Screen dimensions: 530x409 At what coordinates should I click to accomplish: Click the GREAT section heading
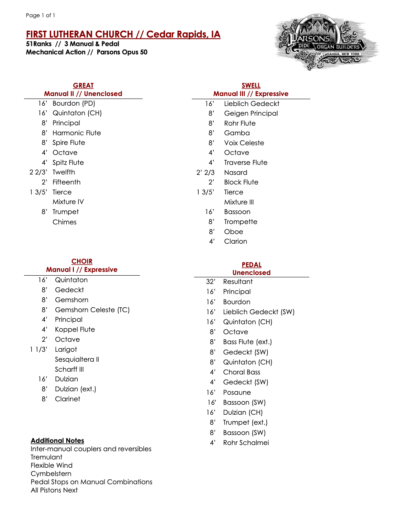point(83,85)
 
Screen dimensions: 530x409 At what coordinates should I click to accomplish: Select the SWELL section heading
point(251,85)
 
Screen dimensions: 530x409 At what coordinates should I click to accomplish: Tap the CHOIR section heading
point(82,261)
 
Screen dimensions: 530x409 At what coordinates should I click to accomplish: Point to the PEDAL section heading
point(252,265)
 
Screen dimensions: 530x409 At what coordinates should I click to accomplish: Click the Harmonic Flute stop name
point(77,133)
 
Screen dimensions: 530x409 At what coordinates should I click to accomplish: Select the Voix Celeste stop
point(244,143)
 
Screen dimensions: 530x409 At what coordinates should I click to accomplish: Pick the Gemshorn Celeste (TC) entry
point(92,310)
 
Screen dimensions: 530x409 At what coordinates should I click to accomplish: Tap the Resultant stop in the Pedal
point(238,282)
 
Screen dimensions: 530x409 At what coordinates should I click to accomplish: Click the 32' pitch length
point(211,282)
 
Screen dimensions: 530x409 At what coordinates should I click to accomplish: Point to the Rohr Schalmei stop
point(246,443)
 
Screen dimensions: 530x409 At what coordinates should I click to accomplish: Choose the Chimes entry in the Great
point(65,222)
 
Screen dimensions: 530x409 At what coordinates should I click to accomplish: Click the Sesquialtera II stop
point(77,359)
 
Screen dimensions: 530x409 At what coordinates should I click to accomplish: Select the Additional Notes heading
point(57,441)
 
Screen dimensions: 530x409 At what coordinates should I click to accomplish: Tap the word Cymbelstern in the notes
point(51,474)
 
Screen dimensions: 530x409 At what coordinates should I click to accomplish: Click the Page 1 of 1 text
point(41,15)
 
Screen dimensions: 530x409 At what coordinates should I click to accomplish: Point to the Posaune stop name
point(237,392)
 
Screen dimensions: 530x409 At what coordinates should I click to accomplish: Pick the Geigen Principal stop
point(251,113)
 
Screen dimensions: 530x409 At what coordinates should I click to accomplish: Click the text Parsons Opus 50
point(122,52)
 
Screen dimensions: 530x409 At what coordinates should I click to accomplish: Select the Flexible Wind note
point(52,465)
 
